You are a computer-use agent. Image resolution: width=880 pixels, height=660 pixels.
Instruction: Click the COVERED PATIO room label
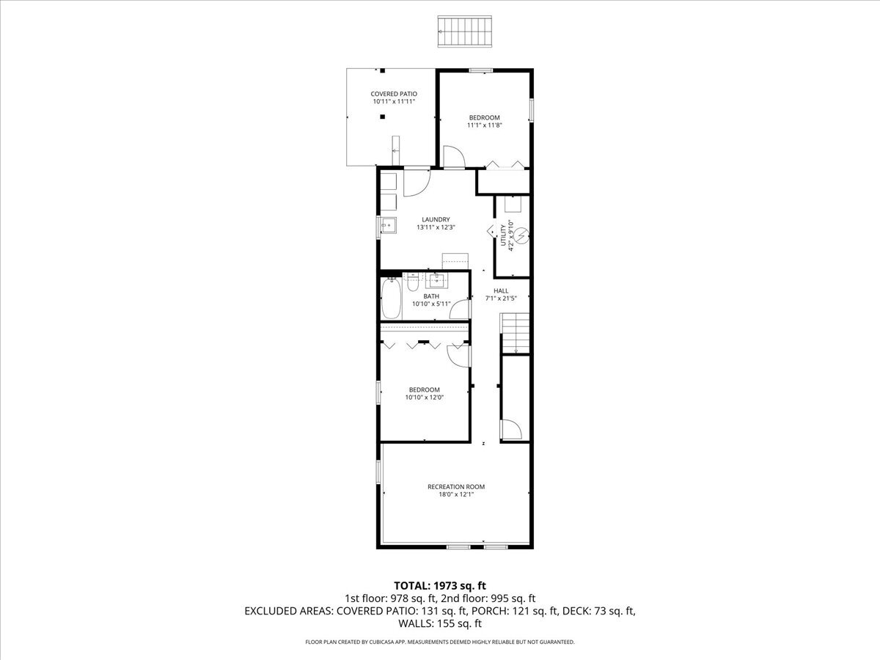tap(393, 94)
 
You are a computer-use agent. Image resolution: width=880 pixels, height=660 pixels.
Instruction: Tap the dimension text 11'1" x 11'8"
tap(484, 125)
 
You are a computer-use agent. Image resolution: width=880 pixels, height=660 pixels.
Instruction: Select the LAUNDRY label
tap(436, 219)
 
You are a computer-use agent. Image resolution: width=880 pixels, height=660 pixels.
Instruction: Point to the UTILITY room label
tap(504, 235)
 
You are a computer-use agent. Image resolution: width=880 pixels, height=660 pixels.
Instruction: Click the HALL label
tap(501, 290)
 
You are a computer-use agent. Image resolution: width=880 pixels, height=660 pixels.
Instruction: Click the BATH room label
tap(430, 296)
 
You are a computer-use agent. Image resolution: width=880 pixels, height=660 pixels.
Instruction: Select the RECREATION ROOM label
tap(456, 486)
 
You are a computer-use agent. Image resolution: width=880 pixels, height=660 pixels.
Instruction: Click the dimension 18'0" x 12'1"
tap(456, 495)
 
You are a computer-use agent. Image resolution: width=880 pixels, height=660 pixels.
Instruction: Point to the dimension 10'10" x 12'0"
tap(424, 397)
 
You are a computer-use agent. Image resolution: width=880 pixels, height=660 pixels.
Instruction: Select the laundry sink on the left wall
tap(388, 226)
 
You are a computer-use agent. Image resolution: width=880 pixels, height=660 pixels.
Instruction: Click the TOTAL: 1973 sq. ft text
tap(440, 585)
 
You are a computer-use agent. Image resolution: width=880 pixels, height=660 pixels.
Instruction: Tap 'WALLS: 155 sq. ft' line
tap(440, 624)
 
